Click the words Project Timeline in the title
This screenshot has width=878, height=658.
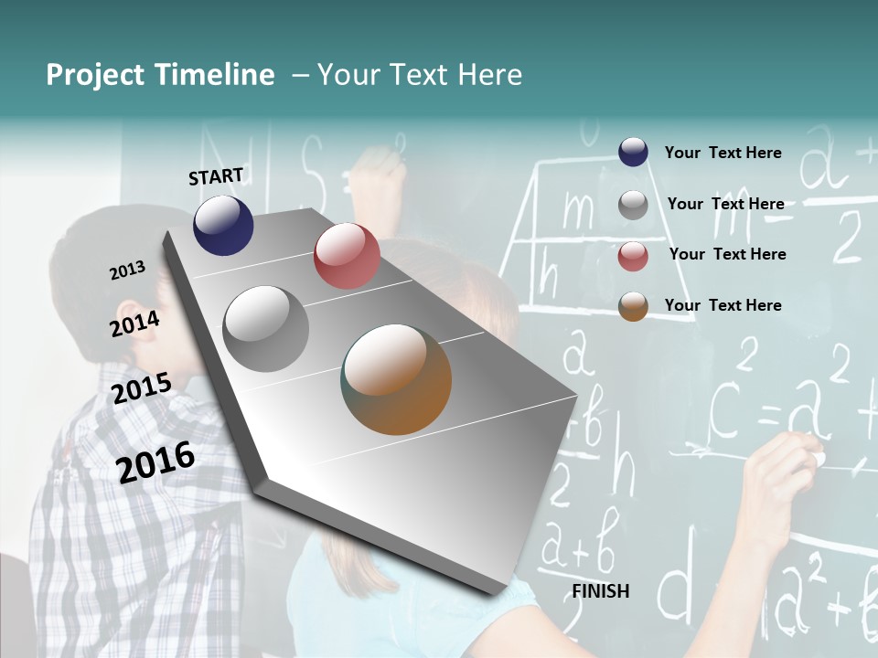[x=160, y=75]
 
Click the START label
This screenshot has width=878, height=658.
[x=216, y=176]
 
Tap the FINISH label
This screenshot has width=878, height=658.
[x=600, y=591]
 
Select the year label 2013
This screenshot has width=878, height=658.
[x=127, y=271]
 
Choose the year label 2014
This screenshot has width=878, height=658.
[x=134, y=324]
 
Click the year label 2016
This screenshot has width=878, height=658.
[x=155, y=462]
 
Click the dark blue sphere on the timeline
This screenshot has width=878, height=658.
[x=223, y=225]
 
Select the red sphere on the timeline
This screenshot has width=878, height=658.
[x=347, y=256]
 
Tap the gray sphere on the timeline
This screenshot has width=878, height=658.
[x=266, y=329]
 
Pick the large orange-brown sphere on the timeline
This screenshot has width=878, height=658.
[x=396, y=379]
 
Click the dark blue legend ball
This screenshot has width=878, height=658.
[x=633, y=153]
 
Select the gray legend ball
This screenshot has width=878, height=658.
[x=633, y=204]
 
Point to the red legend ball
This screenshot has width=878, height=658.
[x=633, y=255]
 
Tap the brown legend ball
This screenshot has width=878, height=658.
[x=633, y=306]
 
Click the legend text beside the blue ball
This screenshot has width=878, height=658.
[x=723, y=153]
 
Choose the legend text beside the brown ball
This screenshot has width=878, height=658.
[x=723, y=305]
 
